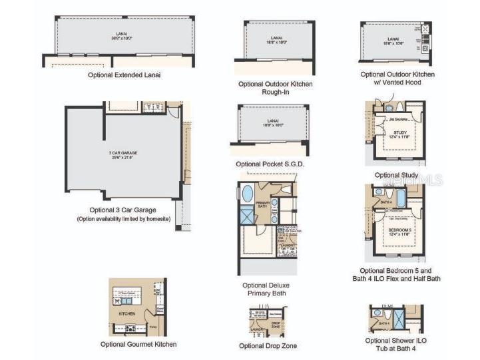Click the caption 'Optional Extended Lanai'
pyautogui.click(x=124, y=75)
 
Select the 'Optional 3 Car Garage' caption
pyautogui.click(x=122, y=210)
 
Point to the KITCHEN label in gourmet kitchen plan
pyautogui.click(x=127, y=313)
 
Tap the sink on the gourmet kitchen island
pyautogui.click(x=125, y=301)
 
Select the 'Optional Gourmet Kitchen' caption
pyautogui.click(x=138, y=344)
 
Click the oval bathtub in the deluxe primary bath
pyautogui.click(x=247, y=194)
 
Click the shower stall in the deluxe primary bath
pyautogui.click(x=246, y=216)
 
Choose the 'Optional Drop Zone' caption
pyautogui.click(x=268, y=346)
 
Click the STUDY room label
pyautogui.click(x=399, y=134)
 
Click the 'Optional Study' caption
pyautogui.click(x=396, y=175)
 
